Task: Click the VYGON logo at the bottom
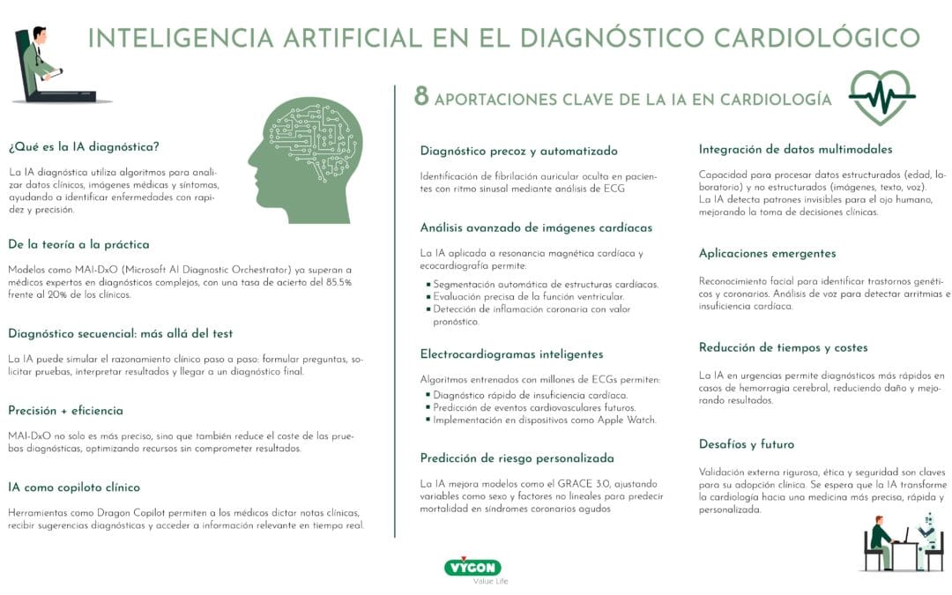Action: click(472, 567)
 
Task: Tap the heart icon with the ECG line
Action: click(881, 96)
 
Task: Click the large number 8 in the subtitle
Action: click(421, 97)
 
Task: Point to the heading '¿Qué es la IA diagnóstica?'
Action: click(84, 146)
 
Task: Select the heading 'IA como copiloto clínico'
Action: click(74, 487)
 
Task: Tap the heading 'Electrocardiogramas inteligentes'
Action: click(511, 353)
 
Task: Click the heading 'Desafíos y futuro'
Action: click(746, 444)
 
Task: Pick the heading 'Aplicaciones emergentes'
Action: click(767, 253)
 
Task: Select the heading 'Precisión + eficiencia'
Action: click(65, 410)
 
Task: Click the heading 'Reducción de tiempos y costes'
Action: click(783, 347)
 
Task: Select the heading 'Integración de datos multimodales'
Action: click(795, 149)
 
